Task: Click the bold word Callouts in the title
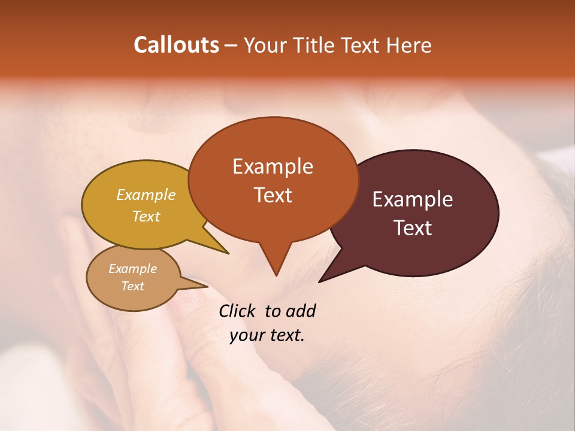click(176, 45)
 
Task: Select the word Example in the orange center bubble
click(273, 166)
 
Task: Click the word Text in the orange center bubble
click(273, 195)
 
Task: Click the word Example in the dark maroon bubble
click(413, 199)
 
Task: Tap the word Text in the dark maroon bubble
click(413, 228)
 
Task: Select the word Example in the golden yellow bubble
click(146, 195)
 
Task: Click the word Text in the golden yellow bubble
click(146, 216)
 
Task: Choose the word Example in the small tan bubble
click(132, 269)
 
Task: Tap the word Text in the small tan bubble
click(132, 286)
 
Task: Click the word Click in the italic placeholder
click(237, 311)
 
